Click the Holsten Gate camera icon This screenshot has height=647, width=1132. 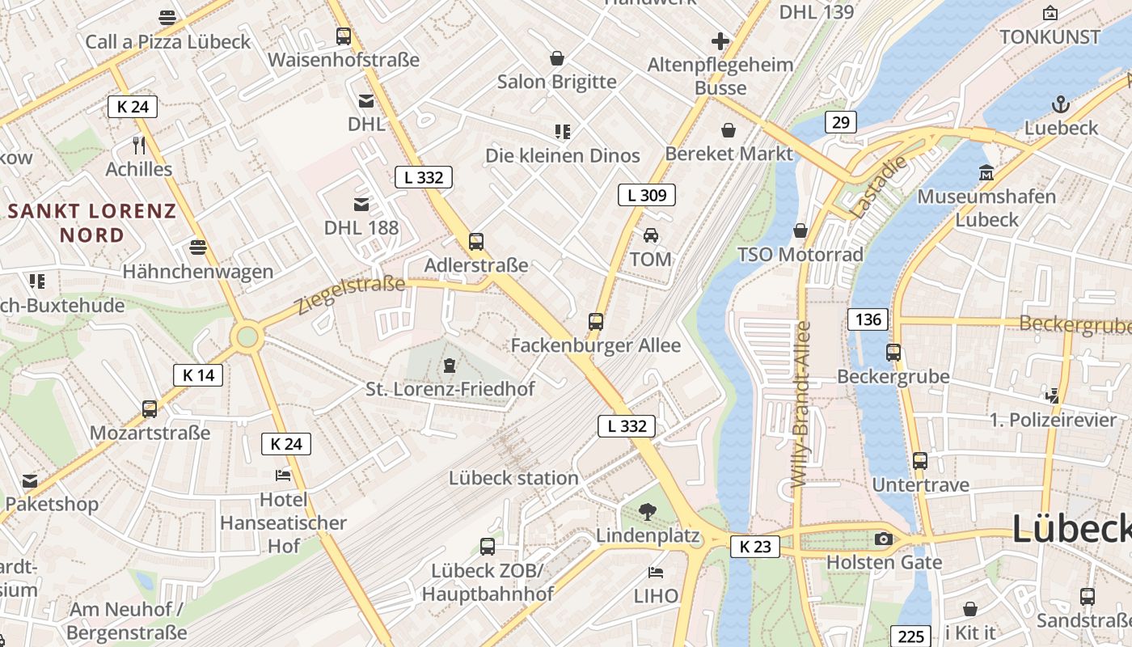tap(883, 539)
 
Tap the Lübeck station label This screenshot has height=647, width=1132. tap(513, 478)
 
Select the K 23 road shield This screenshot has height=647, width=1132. tap(755, 547)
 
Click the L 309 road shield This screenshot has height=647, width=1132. tap(647, 195)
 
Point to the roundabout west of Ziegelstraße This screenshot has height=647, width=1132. tap(247, 336)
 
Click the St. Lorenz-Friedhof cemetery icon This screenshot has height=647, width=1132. tap(449, 366)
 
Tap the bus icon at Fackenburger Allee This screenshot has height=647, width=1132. tap(596, 322)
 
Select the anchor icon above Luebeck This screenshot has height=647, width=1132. tap(1059, 104)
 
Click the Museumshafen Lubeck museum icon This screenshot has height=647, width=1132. tap(986, 172)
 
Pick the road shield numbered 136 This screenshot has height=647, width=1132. tap(868, 319)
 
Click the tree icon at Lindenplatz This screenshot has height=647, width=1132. tap(647, 511)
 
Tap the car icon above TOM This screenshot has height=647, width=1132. tap(651, 235)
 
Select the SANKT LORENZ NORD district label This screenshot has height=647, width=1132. tap(91, 223)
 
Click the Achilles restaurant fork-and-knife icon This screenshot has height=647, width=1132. tap(139, 146)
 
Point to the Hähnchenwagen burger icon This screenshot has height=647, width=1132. tap(198, 247)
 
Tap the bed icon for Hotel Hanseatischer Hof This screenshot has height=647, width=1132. tap(283, 475)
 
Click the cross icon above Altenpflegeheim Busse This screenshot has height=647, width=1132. tap(720, 41)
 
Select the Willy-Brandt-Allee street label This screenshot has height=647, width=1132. tap(800, 404)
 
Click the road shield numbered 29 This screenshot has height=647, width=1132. tap(841, 122)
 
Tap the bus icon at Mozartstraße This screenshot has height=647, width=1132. tap(150, 408)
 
